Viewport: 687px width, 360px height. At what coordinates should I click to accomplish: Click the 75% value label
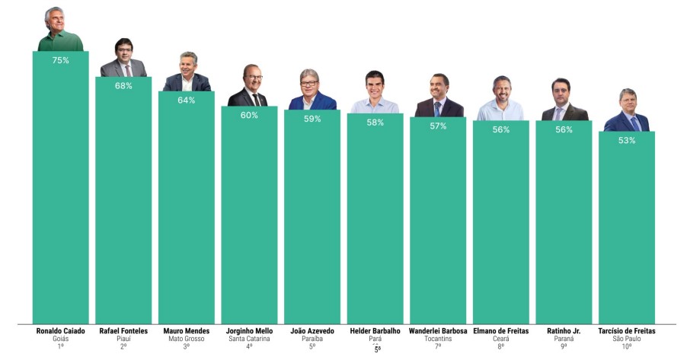[61, 60]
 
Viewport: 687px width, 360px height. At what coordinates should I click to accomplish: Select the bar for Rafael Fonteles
[123, 205]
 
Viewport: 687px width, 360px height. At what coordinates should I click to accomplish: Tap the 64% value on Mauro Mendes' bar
[187, 100]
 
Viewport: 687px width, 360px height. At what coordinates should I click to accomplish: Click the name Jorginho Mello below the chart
[249, 331]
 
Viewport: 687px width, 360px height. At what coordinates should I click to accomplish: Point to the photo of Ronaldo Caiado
[61, 30]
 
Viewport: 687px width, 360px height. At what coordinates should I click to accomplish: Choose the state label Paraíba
[312, 339]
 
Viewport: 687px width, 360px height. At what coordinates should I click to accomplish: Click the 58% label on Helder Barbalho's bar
[375, 123]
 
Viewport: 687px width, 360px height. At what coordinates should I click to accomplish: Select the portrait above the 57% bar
[439, 97]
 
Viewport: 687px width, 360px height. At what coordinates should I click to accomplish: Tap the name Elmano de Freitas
[500, 331]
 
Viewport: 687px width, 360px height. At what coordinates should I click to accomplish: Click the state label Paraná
[564, 339]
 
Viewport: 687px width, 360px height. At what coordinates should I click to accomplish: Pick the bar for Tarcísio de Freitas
[627, 228]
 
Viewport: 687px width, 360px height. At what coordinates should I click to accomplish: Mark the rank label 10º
[627, 347]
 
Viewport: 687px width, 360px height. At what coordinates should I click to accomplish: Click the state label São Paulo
[627, 339]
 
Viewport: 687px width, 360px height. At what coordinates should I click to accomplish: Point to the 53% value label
[627, 141]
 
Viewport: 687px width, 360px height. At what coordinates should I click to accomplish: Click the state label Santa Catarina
[249, 339]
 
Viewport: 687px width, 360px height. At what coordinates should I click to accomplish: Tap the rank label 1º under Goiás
[61, 347]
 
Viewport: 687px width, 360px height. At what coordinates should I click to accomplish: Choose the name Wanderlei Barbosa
[438, 331]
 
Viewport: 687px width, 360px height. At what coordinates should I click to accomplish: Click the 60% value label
[249, 116]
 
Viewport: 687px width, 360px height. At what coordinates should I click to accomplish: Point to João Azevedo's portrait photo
[312, 91]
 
